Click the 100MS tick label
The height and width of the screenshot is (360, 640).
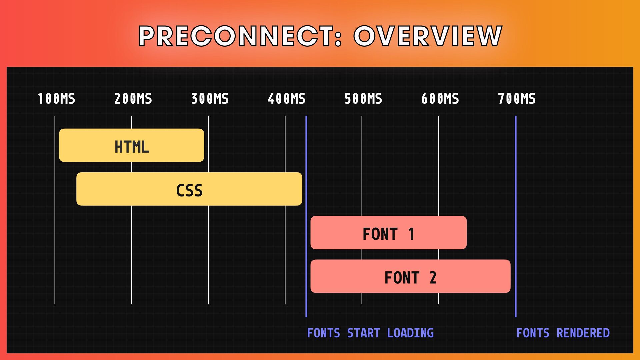click(56, 99)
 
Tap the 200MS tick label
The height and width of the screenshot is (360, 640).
click(133, 99)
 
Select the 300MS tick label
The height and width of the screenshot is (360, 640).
click(210, 99)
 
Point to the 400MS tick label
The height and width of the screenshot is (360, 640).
click(286, 99)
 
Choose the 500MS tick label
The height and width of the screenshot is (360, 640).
click(363, 99)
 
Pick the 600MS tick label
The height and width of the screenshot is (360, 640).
click(440, 99)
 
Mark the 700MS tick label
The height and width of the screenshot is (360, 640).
click(517, 99)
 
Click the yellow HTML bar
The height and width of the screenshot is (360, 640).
click(131, 145)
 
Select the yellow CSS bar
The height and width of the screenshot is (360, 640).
click(189, 189)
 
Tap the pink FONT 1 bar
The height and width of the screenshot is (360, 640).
click(388, 233)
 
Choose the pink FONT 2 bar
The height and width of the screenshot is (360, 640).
click(410, 276)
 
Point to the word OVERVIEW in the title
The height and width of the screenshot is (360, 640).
click(428, 36)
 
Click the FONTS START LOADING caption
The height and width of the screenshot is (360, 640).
click(370, 333)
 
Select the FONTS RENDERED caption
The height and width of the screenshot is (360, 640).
click(563, 333)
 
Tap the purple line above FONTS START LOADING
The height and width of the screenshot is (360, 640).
click(306, 217)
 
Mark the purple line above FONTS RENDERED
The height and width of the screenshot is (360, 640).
click(515, 217)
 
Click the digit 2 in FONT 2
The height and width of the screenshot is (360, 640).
click(433, 278)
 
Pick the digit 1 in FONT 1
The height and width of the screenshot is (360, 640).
click(411, 234)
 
